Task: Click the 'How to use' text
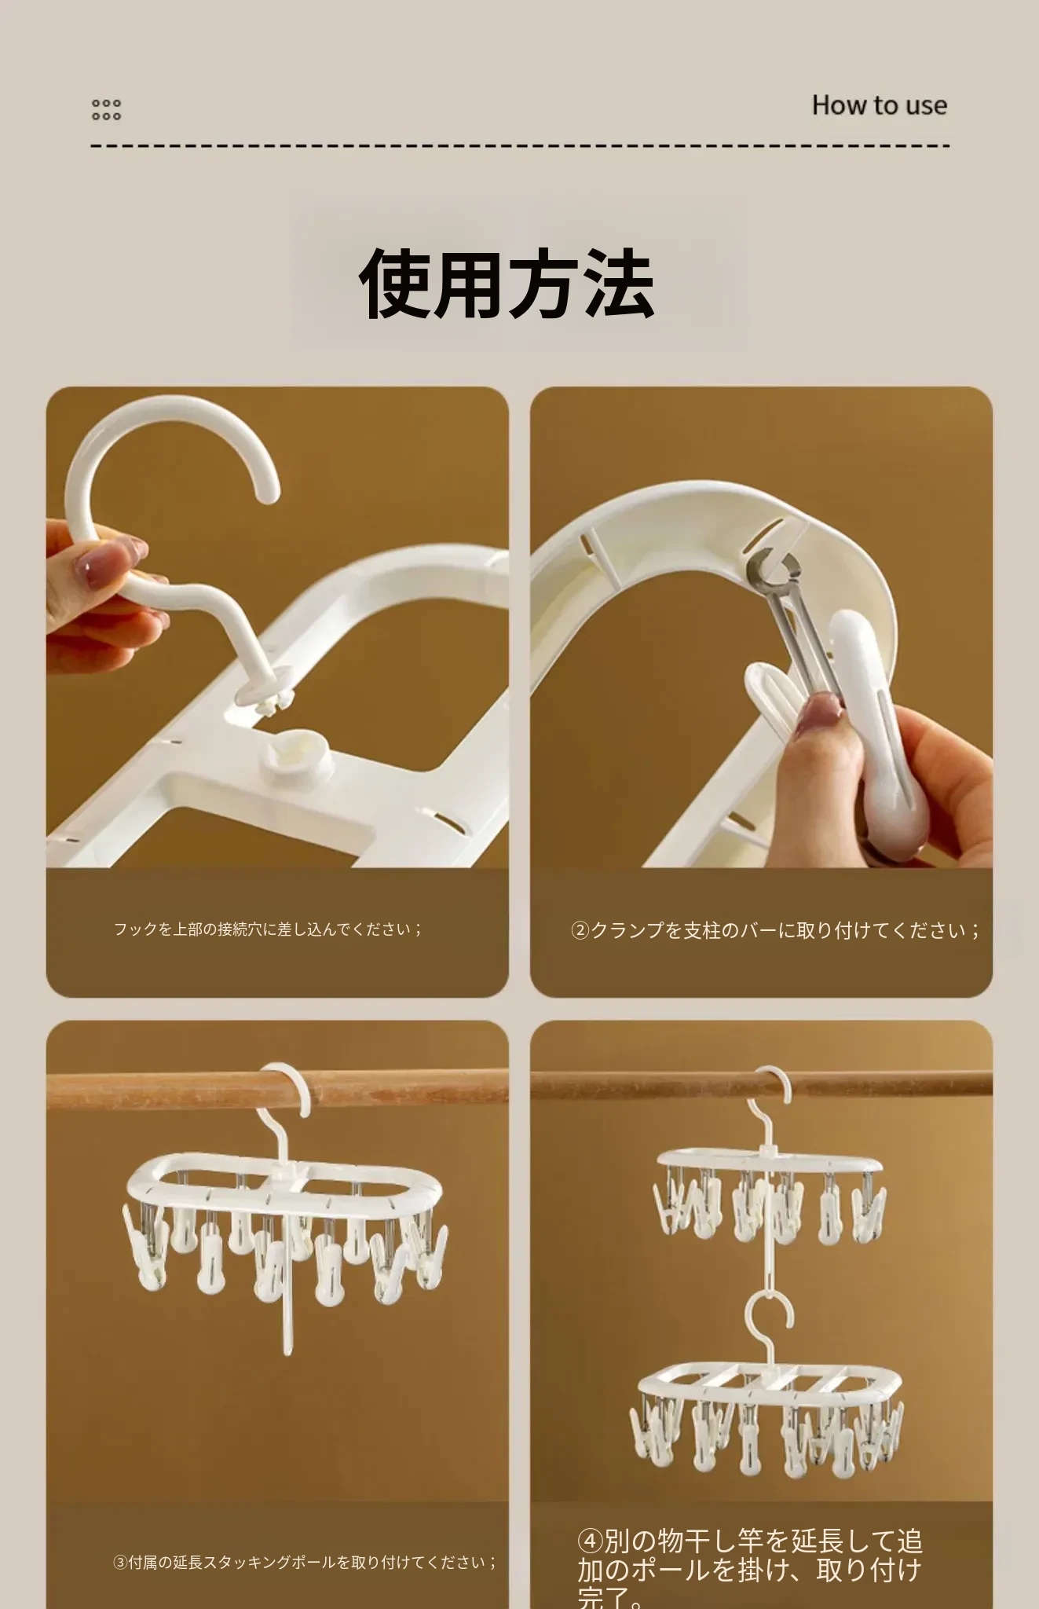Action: coord(879,105)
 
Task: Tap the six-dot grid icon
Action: coord(106,109)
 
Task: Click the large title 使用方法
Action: coord(507,283)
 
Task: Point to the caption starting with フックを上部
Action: coord(268,929)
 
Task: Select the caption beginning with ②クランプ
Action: coord(775,931)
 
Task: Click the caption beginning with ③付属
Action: coord(305,1563)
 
